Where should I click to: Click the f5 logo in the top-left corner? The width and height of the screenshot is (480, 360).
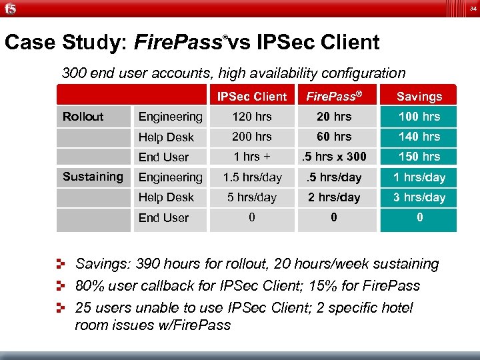point(9,9)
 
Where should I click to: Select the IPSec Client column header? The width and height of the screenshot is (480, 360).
point(252,97)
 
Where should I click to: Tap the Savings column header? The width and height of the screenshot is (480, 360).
point(419,97)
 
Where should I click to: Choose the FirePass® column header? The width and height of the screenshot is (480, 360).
point(333,97)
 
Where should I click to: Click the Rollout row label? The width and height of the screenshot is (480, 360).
point(83,117)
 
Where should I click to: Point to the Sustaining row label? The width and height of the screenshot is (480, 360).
point(93,177)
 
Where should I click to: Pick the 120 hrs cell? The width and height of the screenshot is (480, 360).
point(252,117)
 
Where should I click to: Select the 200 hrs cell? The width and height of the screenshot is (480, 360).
point(252,137)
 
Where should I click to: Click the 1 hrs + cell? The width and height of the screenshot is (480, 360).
point(252,157)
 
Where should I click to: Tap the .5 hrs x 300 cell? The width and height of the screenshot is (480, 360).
point(333,157)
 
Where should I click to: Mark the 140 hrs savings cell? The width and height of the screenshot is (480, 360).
point(419,137)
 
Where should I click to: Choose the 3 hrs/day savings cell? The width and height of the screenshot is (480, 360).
point(419,197)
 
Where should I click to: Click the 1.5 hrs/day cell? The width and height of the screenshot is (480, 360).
point(252,177)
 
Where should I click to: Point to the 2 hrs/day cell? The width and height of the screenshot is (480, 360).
point(333,197)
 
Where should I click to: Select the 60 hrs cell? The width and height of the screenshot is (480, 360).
point(333,137)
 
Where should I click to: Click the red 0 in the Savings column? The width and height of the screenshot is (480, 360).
point(419,217)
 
